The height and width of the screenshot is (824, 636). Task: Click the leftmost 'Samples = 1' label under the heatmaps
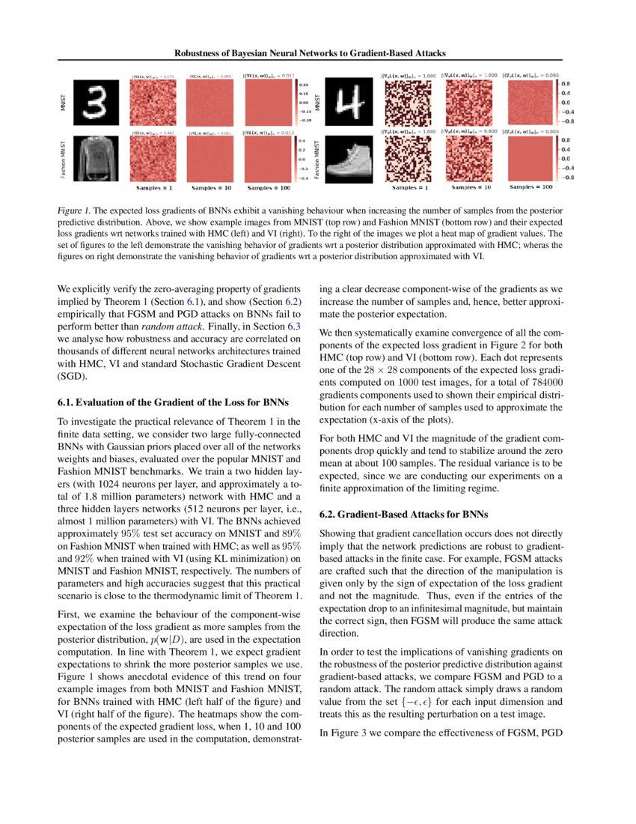click(x=156, y=188)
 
